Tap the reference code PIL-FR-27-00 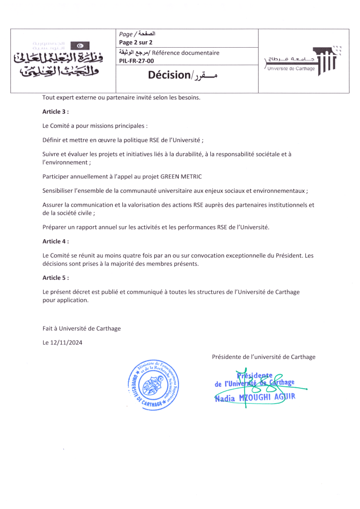pyautogui.click(x=137, y=61)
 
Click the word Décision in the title pyautogui.click(x=169, y=76)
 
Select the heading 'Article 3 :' pyautogui.click(x=55, y=112)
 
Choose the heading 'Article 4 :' pyautogui.click(x=55, y=241)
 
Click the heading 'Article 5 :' pyautogui.click(x=55, y=278)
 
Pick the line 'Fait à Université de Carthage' pyautogui.click(x=82, y=329)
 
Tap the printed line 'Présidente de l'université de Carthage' pyautogui.click(x=264, y=357)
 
